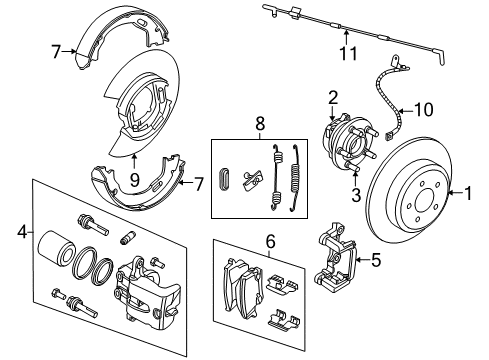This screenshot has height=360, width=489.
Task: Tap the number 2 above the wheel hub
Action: (x=333, y=97)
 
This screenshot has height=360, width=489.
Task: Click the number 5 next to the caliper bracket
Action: (x=376, y=262)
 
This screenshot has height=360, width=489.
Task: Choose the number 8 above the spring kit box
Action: (x=261, y=125)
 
